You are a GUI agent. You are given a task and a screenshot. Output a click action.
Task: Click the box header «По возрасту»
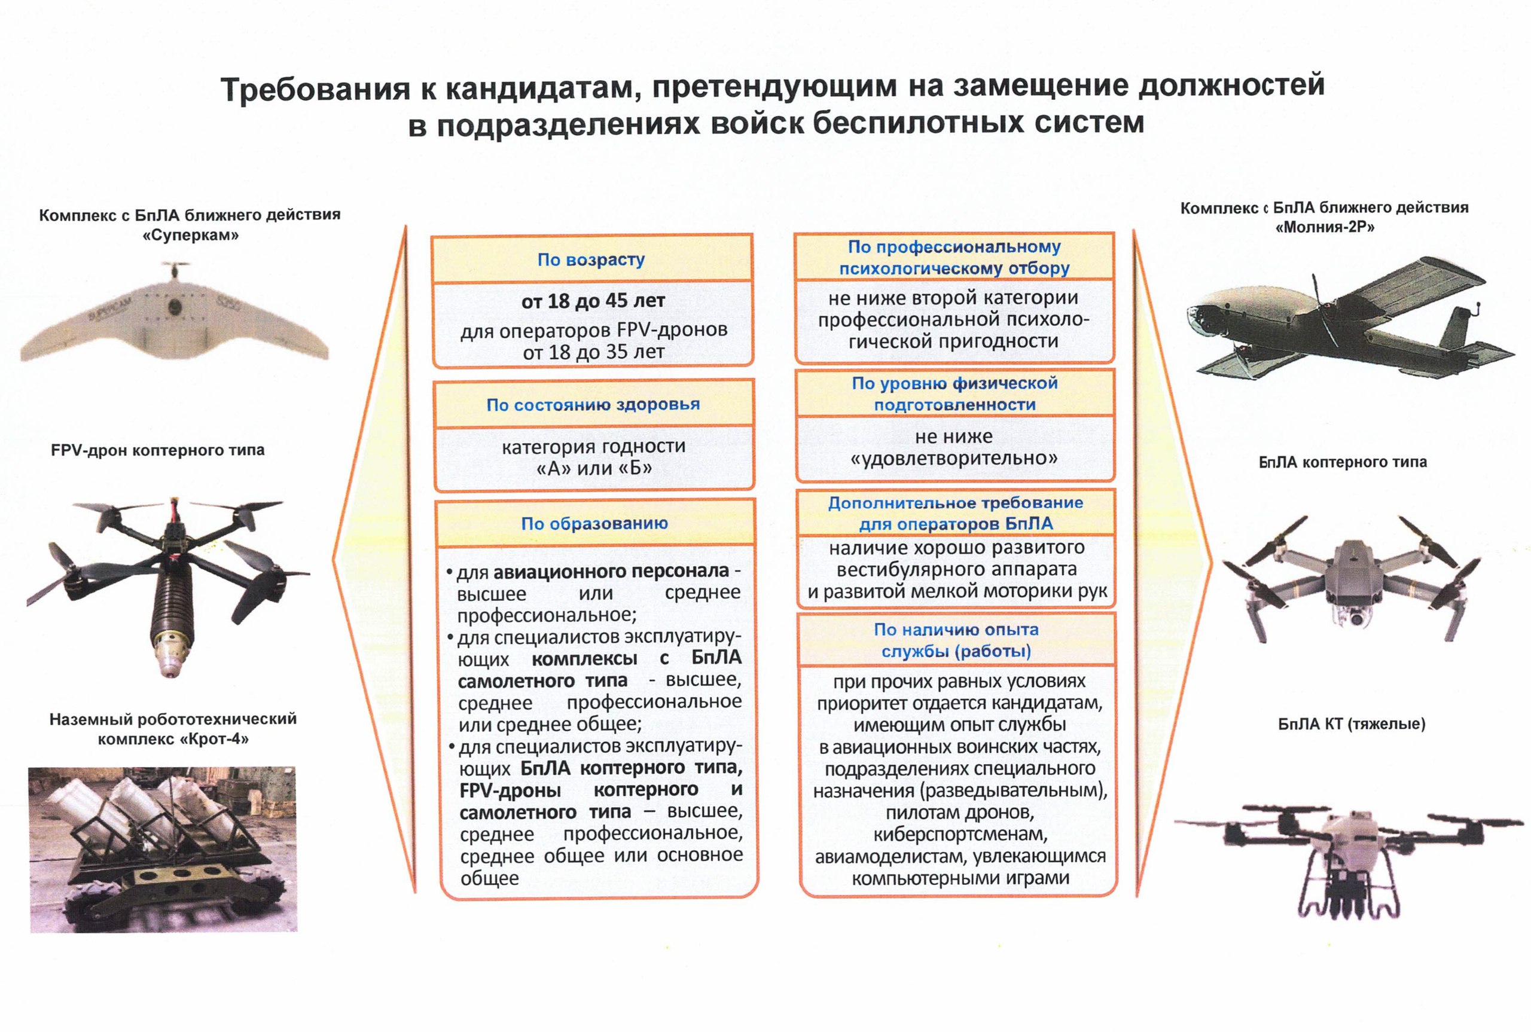point(590,259)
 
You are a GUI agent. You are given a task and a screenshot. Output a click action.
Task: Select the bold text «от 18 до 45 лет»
point(593,301)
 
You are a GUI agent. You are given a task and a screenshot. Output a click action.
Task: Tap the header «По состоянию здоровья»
point(593,404)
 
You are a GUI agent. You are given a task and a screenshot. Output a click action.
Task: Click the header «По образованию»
point(594,523)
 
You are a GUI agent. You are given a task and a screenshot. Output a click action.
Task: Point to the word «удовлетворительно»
point(954,458)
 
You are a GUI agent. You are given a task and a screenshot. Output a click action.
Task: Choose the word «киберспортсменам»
point(960,835)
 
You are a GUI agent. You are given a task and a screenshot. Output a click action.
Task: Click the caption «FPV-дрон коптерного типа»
point(157,450)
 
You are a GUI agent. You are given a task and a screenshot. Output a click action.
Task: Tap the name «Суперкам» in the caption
point(190,235)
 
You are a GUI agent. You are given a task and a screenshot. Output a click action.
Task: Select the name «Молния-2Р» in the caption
point(1324,228)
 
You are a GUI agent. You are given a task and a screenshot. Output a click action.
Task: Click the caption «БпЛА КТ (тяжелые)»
point(1352,724)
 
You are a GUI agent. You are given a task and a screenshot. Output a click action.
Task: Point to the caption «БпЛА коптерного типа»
point(1343,462)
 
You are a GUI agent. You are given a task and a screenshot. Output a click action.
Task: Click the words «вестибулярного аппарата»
point(956,569)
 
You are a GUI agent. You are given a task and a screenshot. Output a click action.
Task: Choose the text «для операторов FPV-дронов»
point(594,329)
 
